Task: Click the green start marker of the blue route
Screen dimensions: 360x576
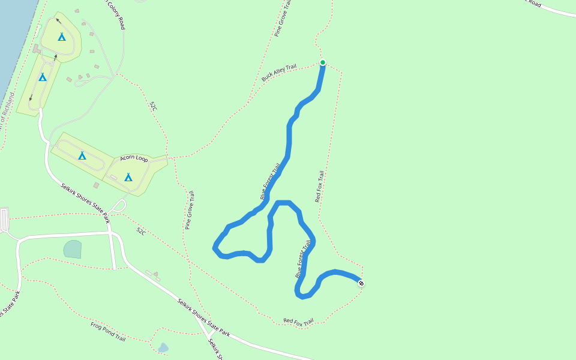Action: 322,62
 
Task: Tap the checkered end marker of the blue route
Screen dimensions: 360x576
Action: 361,283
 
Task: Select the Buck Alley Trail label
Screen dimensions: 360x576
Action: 279,73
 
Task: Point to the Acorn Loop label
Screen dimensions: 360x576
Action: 134,158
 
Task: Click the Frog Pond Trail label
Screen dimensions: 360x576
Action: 108,331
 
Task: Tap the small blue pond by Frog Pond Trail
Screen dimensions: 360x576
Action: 163,347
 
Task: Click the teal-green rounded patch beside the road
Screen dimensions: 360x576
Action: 73,249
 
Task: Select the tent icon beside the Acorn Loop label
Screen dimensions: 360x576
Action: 128,177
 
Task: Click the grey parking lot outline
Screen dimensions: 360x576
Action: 4,220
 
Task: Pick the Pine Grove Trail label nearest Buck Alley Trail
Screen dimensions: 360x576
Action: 283,18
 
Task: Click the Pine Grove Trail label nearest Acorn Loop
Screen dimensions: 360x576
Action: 190,210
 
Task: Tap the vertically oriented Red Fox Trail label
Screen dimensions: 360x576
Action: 319,186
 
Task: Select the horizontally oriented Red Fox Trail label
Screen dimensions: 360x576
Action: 298,322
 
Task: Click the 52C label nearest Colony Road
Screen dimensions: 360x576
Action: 154,106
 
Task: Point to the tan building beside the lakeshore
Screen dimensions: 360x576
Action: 37,48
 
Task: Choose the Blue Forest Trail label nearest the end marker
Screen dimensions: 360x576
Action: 304,259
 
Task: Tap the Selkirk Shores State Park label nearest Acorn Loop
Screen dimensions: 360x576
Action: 85,199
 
